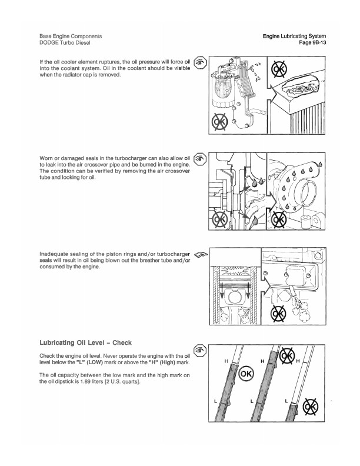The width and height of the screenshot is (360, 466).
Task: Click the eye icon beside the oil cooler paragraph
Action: (200, 62)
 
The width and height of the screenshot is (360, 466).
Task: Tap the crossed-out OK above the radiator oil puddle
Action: (279, 69)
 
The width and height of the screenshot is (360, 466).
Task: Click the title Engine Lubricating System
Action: (294, 36)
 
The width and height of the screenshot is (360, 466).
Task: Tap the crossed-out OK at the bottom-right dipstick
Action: (309, 409)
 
